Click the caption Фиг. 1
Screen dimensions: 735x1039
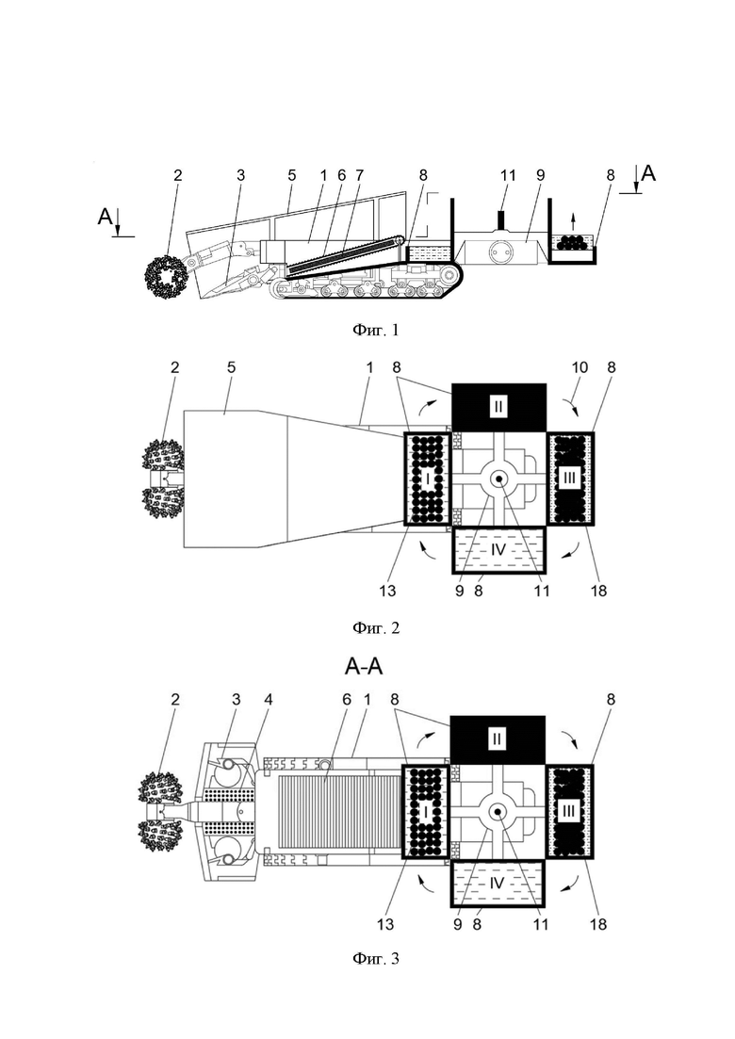(376, 330)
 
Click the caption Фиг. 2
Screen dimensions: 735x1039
(376, 627)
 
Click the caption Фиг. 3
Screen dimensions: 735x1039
(376, 958)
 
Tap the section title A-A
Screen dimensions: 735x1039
(364, 666)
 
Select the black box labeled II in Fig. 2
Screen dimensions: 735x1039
(498, 406)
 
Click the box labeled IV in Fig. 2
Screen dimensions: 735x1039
(498, 549)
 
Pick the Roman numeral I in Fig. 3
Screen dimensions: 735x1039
(426, 811)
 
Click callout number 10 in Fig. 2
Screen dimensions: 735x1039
(580, 367)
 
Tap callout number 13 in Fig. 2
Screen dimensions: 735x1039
(387, 590)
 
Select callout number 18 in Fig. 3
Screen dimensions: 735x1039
(597, 923)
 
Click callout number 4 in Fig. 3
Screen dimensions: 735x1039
(269, 699)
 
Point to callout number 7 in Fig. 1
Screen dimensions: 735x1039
(359, 175)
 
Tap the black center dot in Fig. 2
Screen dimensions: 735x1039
(498, 479)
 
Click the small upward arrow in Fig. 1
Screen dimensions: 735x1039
(574, 221)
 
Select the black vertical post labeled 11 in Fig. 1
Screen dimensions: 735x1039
(501, 220)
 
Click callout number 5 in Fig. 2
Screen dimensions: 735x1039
(231, 367)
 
